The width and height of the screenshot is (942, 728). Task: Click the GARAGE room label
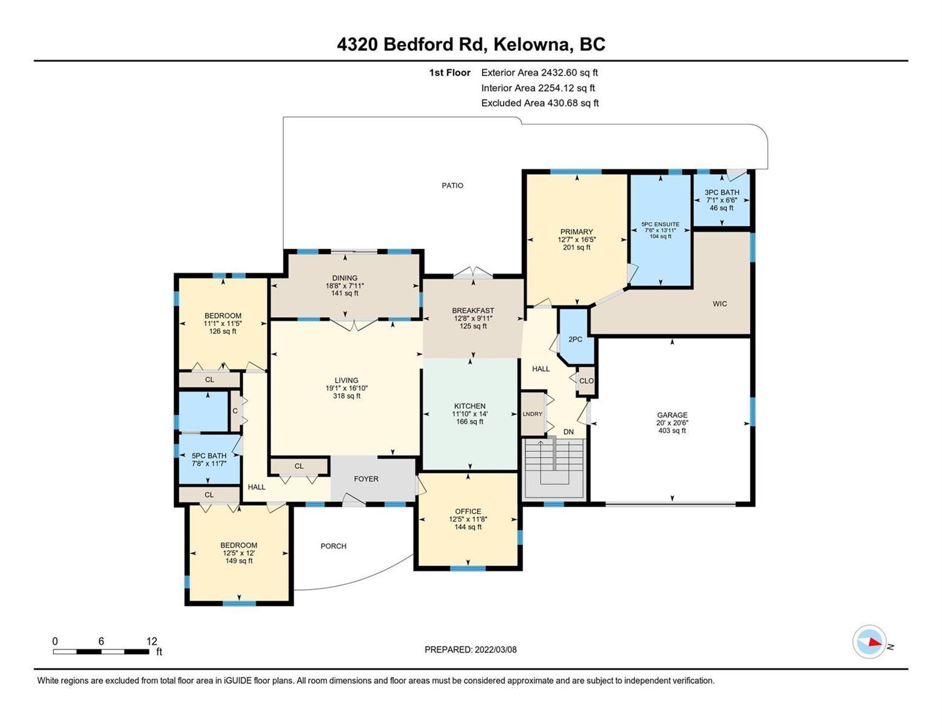pyautogui.click(x=672, y=415)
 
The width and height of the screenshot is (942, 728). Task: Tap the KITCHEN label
pyautogui.click(x=469, y=406)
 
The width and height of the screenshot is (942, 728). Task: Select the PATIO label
pyautogui.click(x=452, y=186)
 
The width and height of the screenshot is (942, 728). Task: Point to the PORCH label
pyautogui.click(x=334, y=546)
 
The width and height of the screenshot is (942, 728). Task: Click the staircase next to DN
pyautogui.click(x=554, y=469)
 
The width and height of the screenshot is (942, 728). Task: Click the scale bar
pyautogui.click(x=101, y=652)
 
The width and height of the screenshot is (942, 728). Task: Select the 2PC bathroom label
pyautogui.click(x=575, y=339)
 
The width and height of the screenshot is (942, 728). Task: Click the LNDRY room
pyautogui.click(x=533, y=414)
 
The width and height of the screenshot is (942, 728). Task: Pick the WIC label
pyautogui.click(x=719, y=303)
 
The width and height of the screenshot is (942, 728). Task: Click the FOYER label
pyautogui.click(x=366, y=479)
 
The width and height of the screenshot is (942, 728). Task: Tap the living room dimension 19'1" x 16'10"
pyautogui.click(x=346, y=388)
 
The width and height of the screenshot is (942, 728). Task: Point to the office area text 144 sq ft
pyautogui.click(x=468, y=527)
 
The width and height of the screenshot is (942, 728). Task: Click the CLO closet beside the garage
pyautogui.click(x=586, y=381)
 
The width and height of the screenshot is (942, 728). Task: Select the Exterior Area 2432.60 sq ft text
pyautogui.click(x=539, y=72)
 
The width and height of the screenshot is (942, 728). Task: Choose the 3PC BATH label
pyautogui.click(x=721, y=192)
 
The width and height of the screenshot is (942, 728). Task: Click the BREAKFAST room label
pyautogui.click(x=473, y=311)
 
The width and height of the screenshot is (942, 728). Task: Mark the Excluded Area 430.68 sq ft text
pyautogui.click(x=540, y=103)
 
